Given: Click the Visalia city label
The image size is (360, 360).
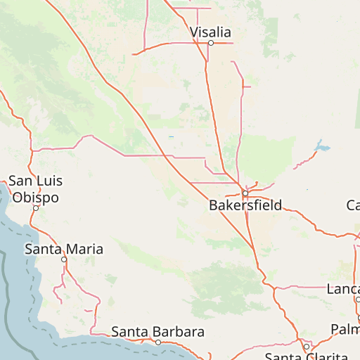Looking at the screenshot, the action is coord(210,32).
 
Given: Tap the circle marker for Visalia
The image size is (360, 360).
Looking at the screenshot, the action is coord(210,43).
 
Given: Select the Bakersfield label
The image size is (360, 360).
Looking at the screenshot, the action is coord(245,205).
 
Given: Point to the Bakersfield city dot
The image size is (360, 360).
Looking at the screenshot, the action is coord(245,193).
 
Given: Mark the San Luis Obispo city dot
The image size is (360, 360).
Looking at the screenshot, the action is coord(36,208).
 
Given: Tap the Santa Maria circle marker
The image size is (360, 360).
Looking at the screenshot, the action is coord(64,259).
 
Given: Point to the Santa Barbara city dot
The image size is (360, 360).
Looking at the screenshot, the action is coord(158,342).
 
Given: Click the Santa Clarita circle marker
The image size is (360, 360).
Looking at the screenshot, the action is coord(307,347).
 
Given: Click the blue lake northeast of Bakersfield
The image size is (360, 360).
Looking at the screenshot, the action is coord(323,148).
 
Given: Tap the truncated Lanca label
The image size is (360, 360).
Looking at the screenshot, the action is coord(343,289).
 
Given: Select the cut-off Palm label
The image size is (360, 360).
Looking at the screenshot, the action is coord(345,329).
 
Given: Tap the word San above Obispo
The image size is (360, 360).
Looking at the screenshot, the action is coord(21,181).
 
